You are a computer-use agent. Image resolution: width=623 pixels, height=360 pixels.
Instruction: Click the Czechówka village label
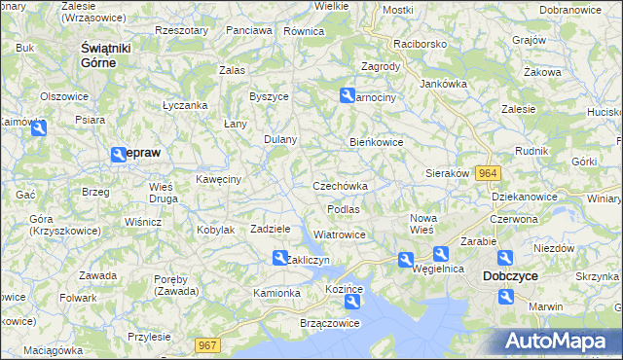(x=340, y=186)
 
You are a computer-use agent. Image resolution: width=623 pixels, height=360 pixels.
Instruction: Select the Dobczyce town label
(x=511, y=276)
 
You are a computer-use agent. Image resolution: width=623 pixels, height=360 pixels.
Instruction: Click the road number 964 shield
(x=488, y=172)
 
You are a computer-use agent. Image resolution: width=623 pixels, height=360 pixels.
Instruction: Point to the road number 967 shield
(x=207, y=344)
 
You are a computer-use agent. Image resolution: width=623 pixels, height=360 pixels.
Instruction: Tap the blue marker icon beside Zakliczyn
(x=278, y=257)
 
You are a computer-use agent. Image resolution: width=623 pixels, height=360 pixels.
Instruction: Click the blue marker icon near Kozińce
(x=351, y=302)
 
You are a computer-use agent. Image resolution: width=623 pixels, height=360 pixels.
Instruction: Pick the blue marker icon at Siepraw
(x=119, y=154)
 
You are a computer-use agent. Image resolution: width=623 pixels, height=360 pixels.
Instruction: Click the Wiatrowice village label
(x=340, y=234)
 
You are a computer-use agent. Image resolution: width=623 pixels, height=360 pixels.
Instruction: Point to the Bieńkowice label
(x=377, y=142)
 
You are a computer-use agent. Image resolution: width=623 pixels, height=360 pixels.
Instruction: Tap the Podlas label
(x=344, y=209)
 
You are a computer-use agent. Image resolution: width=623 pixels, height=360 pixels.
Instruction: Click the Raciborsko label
(x=419, y=45)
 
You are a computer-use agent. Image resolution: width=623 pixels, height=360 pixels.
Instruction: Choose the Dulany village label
(x=280, y=139)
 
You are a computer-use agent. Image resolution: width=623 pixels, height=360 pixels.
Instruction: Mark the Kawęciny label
(x=218, y=178)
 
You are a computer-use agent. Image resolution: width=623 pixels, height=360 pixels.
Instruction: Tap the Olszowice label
(x=64, y=96)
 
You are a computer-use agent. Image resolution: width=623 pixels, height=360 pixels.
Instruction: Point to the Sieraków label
(x=448, y=173)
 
